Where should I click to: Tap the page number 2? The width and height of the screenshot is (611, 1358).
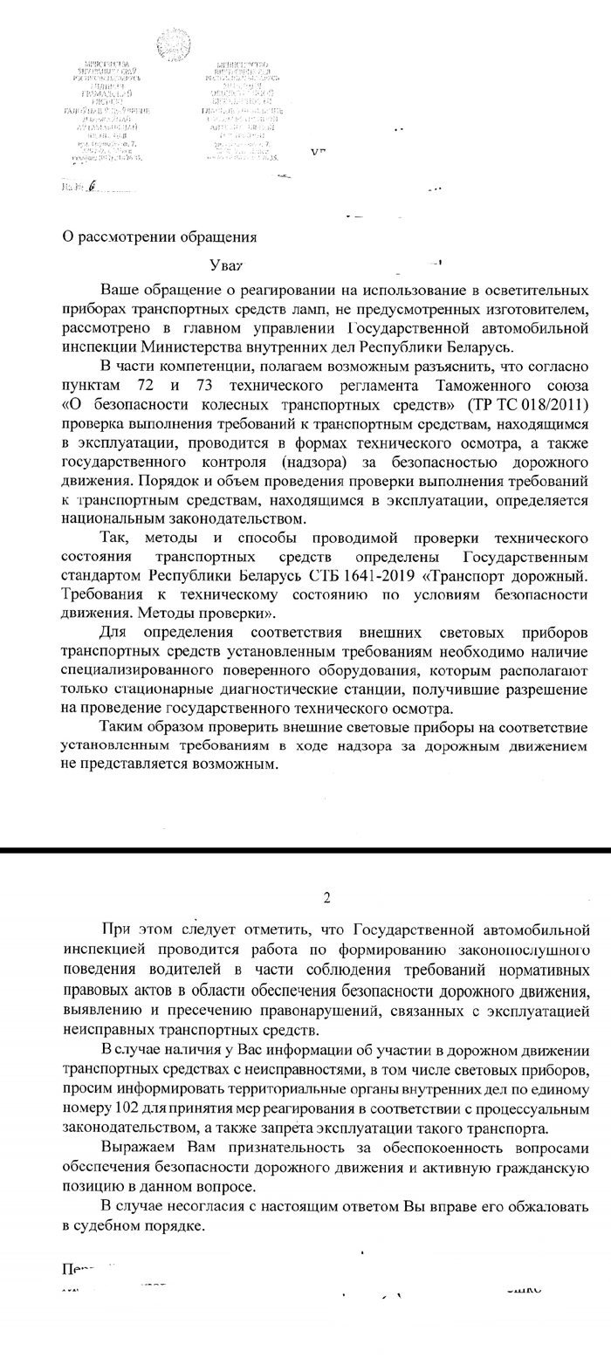(327, 896)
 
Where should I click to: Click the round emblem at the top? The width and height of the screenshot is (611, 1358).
(173, 44)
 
